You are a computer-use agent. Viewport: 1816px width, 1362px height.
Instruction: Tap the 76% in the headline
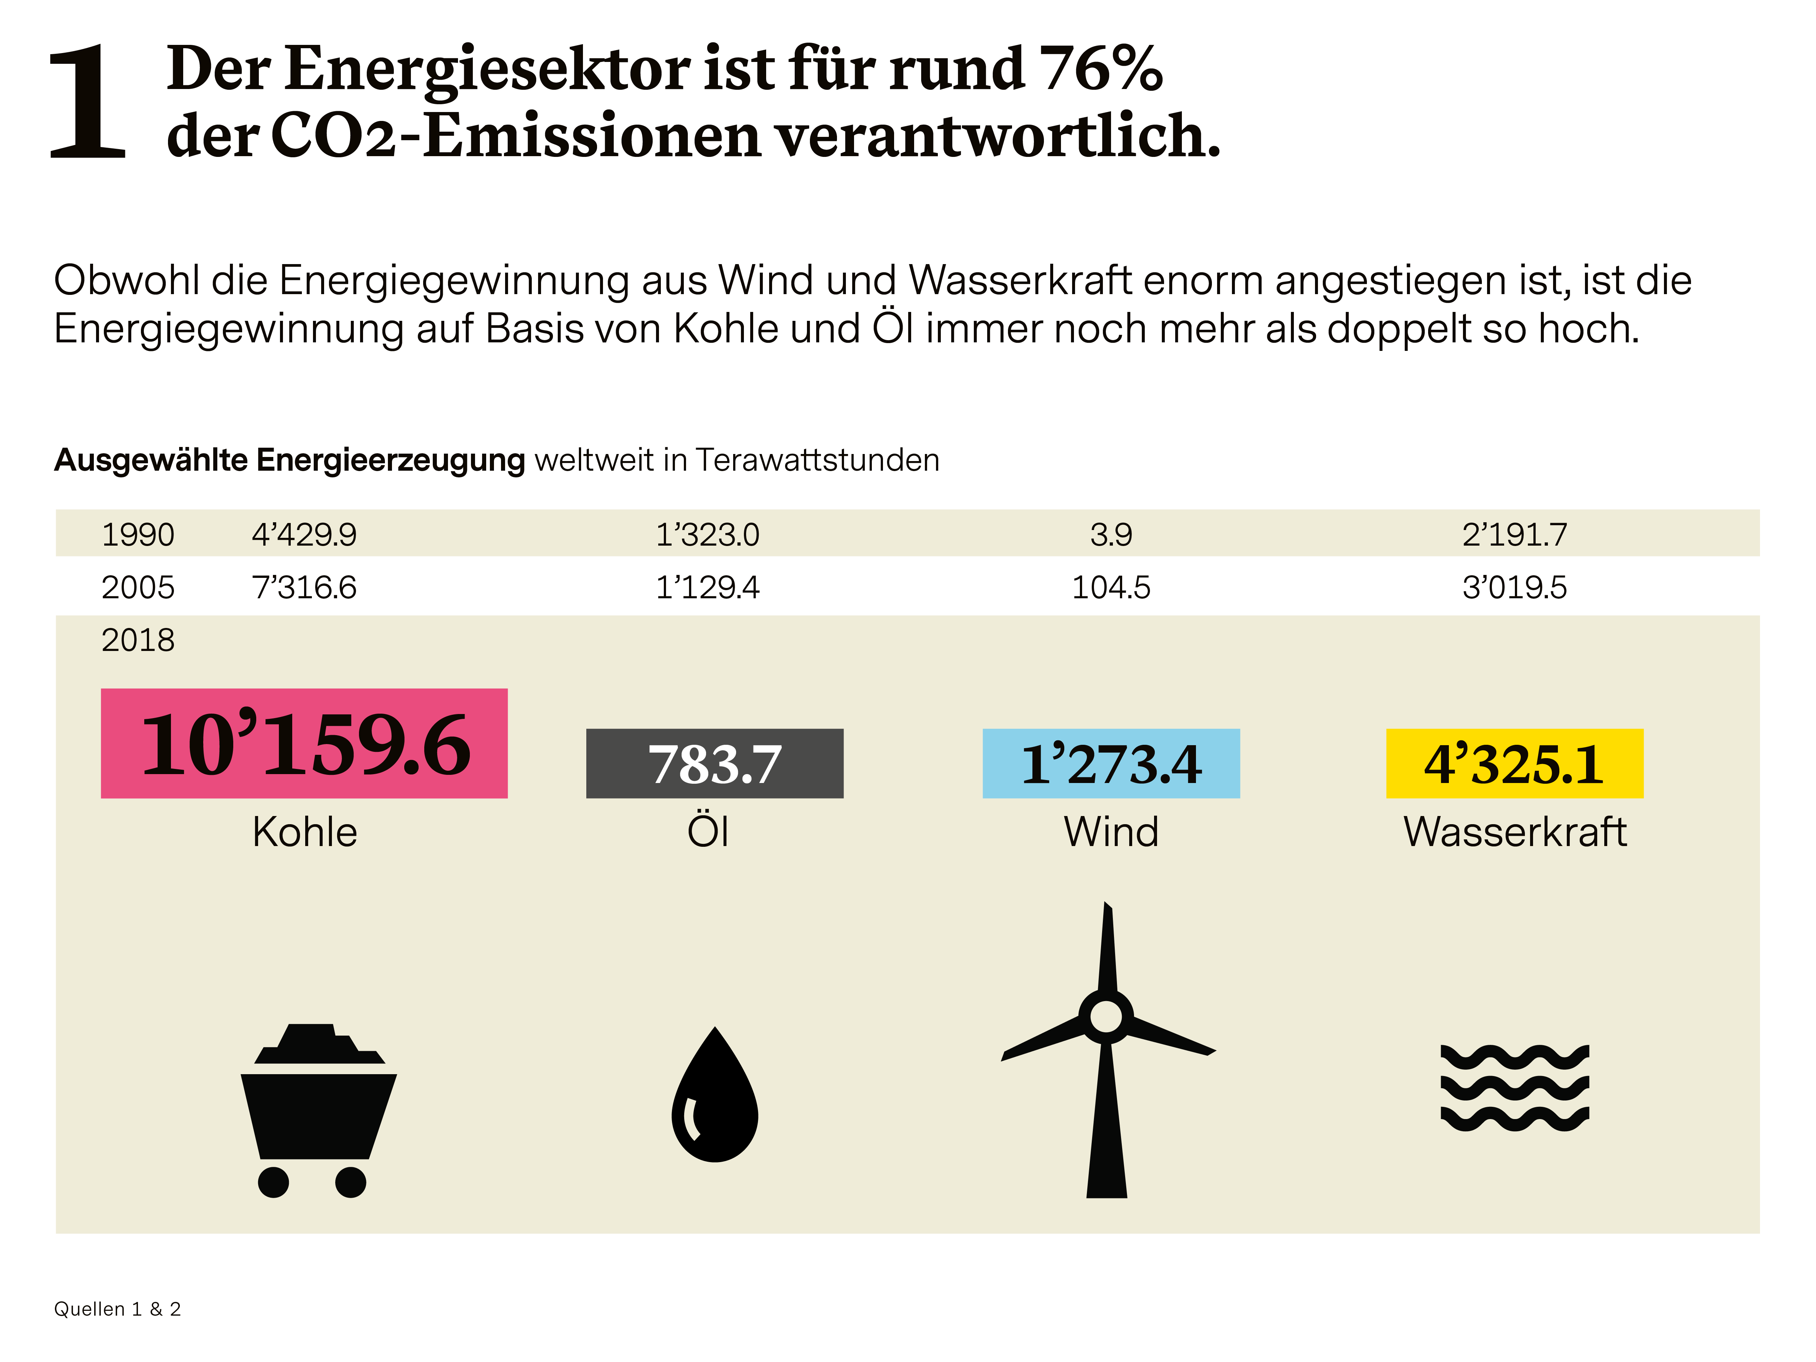tap(1100, 69)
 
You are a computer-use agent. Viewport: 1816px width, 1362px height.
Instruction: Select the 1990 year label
tap(138, 535)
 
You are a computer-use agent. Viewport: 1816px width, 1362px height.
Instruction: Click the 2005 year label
tap(138, 588)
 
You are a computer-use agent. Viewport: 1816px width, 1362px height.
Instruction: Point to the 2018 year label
tap(138, 640)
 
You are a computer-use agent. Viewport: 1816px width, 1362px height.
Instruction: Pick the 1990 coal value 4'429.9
tap(304, 535)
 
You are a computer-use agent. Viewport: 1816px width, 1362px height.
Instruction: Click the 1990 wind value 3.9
tap(1111, 535)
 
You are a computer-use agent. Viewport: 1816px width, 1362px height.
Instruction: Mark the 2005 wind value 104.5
tap(1111, 588)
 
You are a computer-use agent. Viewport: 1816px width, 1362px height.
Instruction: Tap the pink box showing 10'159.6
tap(304, 743)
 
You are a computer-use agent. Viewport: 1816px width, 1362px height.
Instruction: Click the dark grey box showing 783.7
tap(714, 763)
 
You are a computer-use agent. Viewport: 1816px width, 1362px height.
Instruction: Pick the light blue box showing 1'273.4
tap(1111, 763)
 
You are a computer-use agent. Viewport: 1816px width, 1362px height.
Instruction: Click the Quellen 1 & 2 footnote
tap(118, 1309)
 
